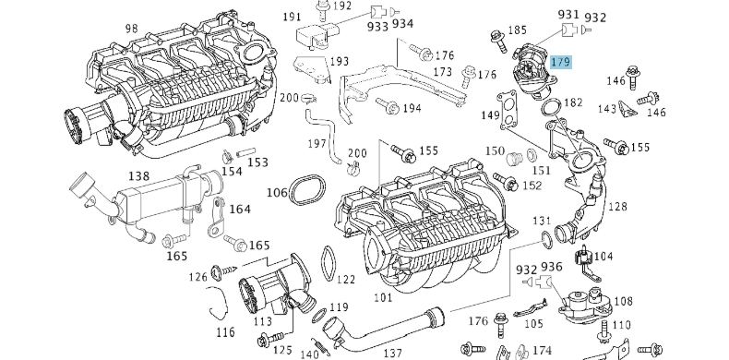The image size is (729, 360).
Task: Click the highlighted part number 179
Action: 560,63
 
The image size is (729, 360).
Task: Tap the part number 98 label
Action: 132,30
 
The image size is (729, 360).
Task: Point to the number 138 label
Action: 138,175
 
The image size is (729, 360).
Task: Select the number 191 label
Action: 293,18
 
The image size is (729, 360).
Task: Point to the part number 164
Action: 240,210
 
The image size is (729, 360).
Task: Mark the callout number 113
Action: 263,321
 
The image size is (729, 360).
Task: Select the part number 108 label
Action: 623,301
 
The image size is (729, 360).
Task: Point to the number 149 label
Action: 490,115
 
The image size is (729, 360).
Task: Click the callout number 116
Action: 225,330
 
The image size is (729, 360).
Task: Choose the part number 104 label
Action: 603,256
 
